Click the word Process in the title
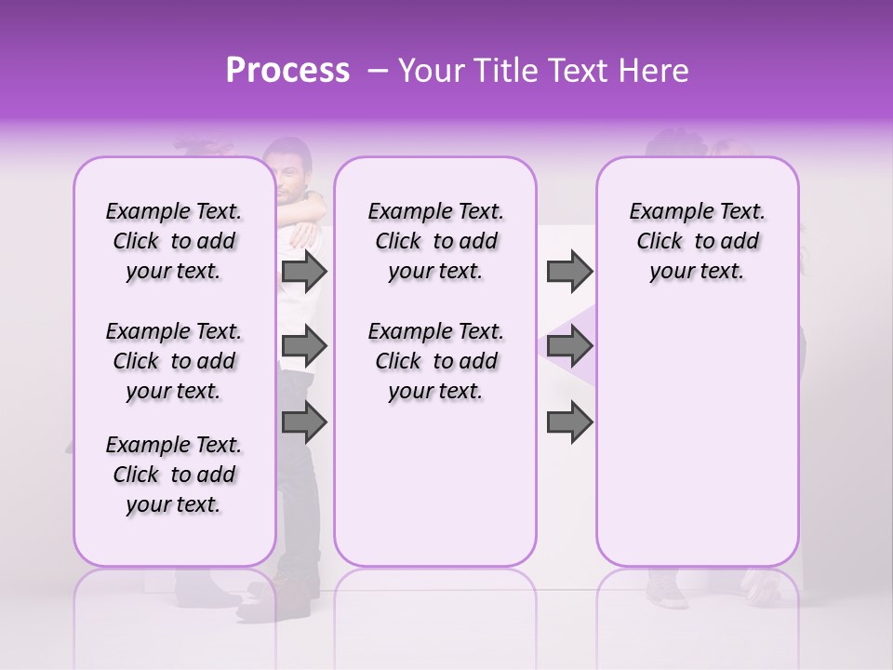(x=287, y=71)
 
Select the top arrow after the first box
(x=304, y=272)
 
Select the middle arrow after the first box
(x=304, y=347)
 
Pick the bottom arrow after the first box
(x=304, y=422)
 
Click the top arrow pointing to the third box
(x=569, y=272)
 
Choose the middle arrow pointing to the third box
(x=569, y=347)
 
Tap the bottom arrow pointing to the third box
(x=569, y=422)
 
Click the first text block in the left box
(x=174, y=241)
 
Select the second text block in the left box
(x=174, y=361)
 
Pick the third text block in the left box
(x=174, y=475)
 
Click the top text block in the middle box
(x=435, y=241)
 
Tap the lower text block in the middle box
(x=435, y=361)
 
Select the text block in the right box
(x=697, y=241)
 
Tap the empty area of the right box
(x=697, y=428)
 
